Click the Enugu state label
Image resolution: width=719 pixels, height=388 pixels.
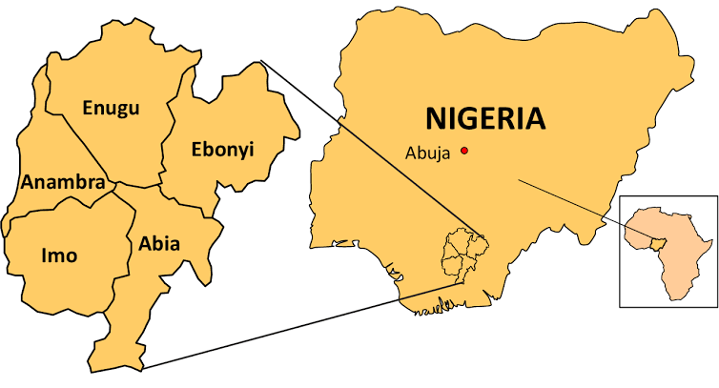click(111, 108)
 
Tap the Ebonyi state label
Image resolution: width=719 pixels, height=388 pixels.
click(223, 149)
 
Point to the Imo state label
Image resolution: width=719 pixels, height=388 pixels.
click(59, 255)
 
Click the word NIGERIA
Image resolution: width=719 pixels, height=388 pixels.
click(485, 119)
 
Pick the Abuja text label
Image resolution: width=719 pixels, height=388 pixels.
click(426, 153)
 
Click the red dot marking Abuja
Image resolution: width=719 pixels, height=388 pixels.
click(464, 151)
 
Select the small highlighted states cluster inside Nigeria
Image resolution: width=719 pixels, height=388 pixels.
click(463, 255)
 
